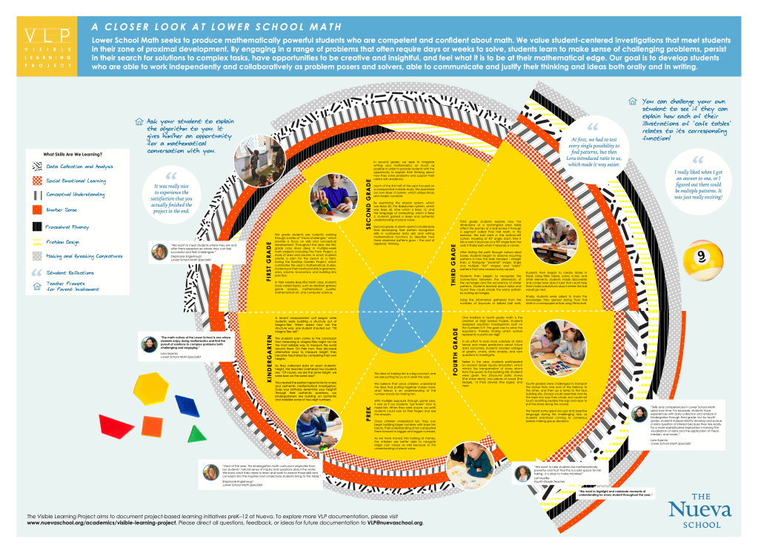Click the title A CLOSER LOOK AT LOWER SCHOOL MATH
point(216,25)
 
